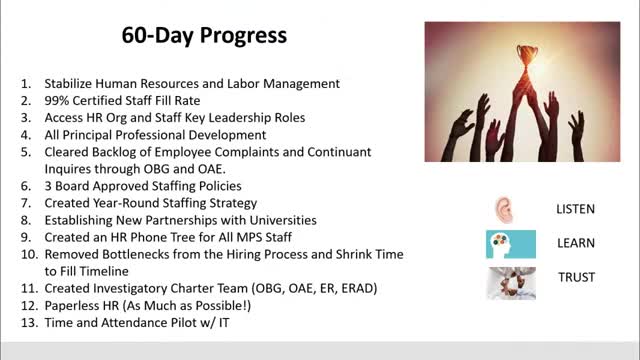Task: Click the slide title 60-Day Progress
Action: (204, 35)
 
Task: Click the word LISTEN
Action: (575, 210)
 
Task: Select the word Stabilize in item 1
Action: (74, 83)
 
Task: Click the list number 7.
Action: (25, 203)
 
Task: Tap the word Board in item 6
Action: (74, 186)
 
